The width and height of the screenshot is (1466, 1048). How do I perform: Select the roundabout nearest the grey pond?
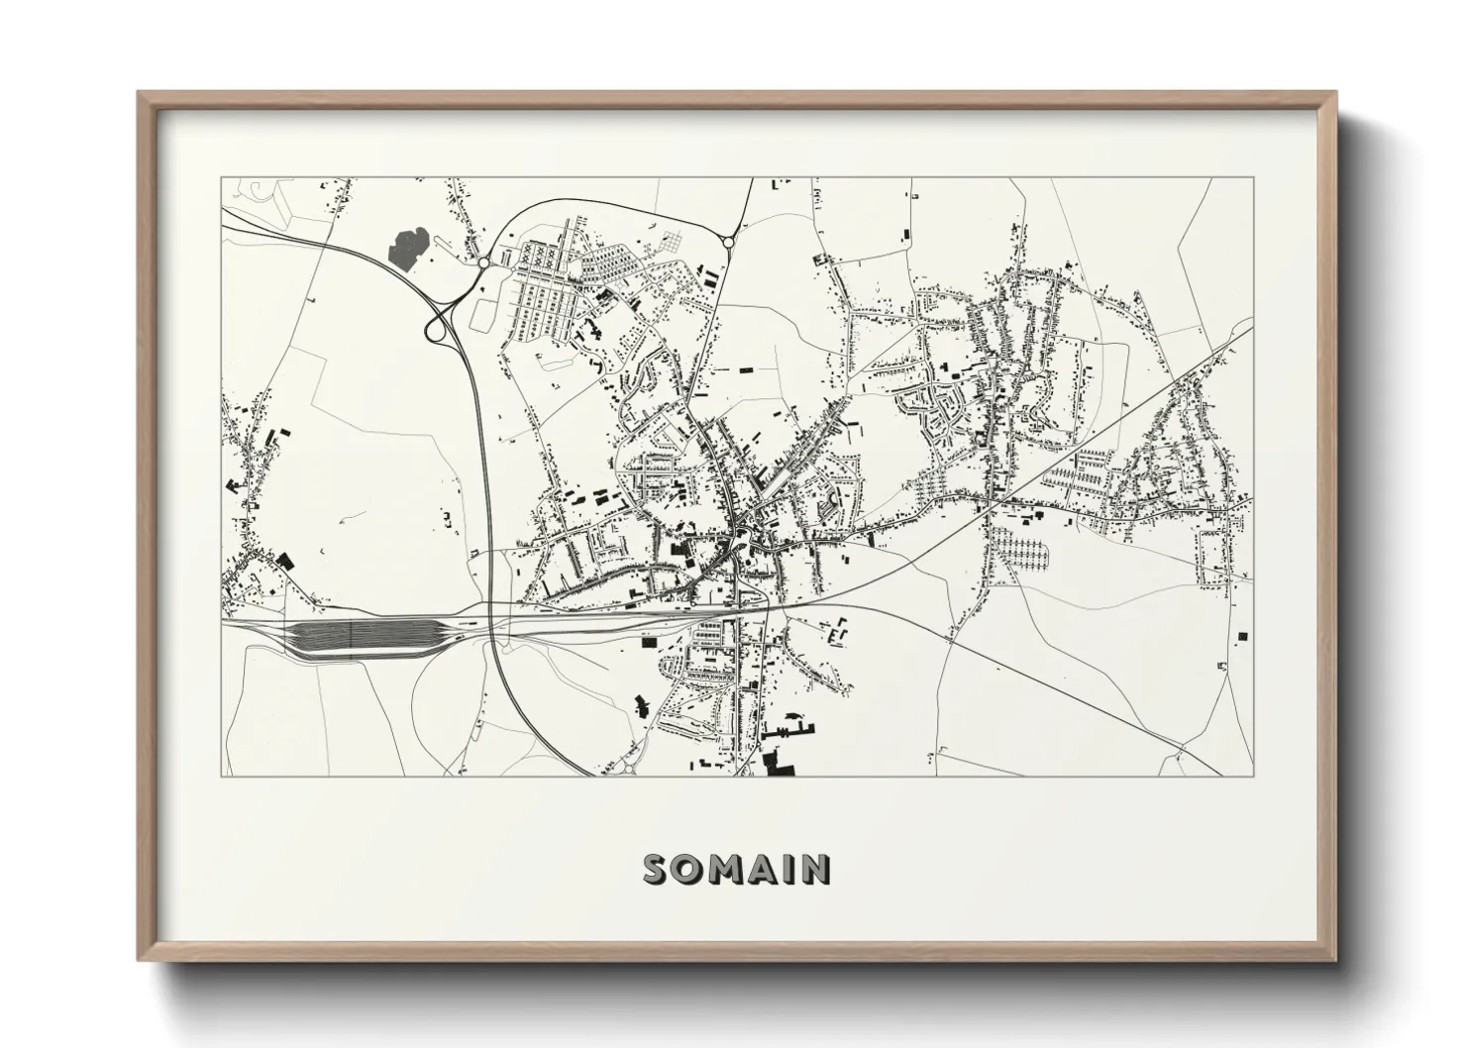pyautogui.click(x=482, y=262)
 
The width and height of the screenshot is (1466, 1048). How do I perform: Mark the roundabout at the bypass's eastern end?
pyautogui.click(x=728, y=241)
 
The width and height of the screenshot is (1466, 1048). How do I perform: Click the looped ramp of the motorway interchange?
pyautogui.click(x=436, y=330)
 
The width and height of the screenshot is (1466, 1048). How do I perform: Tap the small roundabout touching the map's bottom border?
pyautogui.click(x=630, y=765)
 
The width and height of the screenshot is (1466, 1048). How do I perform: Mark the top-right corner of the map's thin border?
pyautogui.click(x=1254, y=177)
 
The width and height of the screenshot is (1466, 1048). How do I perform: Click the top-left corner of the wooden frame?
pyautogui.click(x=140, y=93)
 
